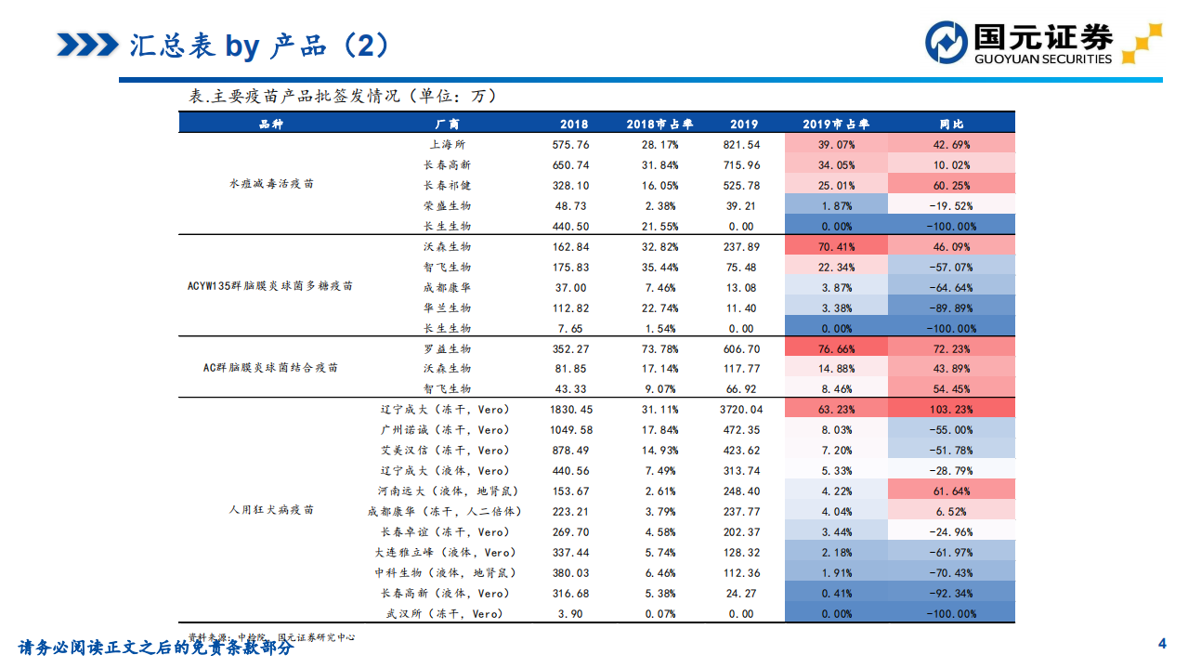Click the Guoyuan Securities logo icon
click(946, 43)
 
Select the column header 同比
click(951, 124)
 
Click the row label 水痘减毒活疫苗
click(271, 184)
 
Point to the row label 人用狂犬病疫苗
click(271, 510)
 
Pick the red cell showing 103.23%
click(951, 410)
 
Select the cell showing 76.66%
click(836, 349)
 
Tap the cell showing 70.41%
click(836, 247)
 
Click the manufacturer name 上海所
click(447, 145)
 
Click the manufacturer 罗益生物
click(447, 349)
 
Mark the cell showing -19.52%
click(951, 206)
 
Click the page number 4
click(1161, 644)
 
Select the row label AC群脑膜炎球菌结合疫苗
click(270, 368)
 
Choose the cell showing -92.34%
click(951, 594)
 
